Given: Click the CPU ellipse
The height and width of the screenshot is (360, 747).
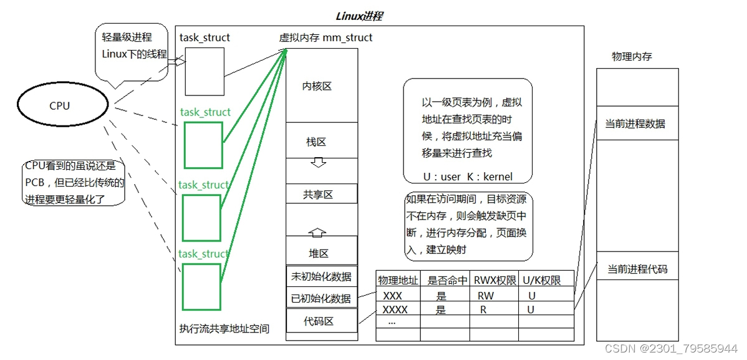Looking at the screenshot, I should (60, 105).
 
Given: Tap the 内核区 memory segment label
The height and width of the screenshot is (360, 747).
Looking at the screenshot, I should (317, 86).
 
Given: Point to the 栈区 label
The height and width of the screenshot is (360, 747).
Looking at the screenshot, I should (316, 142).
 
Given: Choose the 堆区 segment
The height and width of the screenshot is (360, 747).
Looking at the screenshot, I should (319, 253).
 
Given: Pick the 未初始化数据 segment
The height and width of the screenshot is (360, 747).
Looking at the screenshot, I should (321, 276).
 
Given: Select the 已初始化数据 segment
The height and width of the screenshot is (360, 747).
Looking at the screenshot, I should (321, 298).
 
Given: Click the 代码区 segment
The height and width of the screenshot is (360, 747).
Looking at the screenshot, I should (321, 321).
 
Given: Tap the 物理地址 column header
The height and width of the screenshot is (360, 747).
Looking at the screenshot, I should (398, 281).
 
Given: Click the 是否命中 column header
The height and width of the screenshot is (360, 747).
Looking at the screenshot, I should (445, 281).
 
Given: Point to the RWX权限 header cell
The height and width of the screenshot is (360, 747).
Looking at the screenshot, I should (494, 281).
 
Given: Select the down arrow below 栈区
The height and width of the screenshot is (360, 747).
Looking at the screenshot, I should (318, 162).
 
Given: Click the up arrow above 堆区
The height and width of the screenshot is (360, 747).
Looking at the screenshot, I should (318, 233).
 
